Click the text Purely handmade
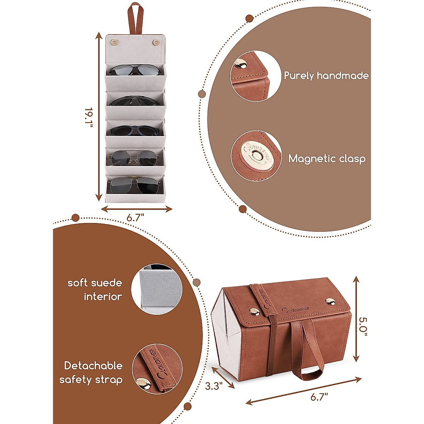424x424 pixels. [326, 76]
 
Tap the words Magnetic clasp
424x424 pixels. [327, 159]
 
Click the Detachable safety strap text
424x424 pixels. [91, 372]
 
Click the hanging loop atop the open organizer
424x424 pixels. [134, 19]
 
